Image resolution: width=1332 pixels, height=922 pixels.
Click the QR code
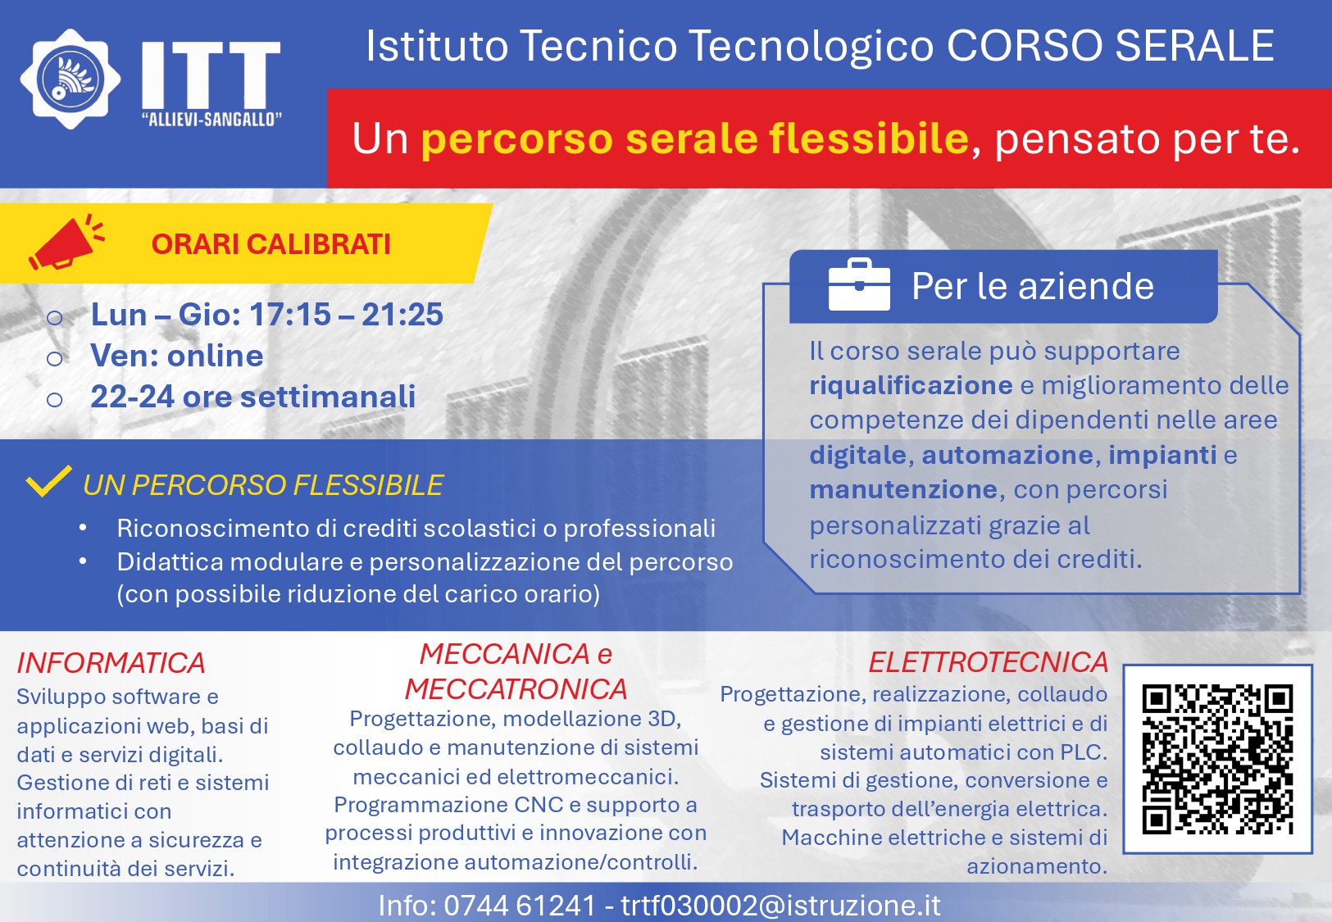tap(1217, 759)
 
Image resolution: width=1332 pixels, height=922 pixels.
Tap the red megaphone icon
tap(66, 242)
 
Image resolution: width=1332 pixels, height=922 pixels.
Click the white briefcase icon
tap(859, 284)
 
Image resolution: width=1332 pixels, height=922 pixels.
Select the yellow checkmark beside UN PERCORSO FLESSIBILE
tap(48, 480)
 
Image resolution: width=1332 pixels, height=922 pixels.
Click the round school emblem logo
tap(70, 79)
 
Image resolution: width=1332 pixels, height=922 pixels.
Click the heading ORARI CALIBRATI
tap(271, 244)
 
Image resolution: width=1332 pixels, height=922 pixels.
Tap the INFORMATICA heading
tap(111, 663)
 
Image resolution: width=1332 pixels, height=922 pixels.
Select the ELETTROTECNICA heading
tap(989, 662)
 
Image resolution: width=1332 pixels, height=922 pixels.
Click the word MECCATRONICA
tap(516, 689)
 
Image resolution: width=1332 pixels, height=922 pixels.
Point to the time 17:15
tap(289, 314)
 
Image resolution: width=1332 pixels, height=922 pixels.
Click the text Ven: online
tap(176, 356)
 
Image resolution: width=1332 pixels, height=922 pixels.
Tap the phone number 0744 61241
tap(520, 906)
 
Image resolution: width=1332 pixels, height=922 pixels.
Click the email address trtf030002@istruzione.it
tap(781, 906)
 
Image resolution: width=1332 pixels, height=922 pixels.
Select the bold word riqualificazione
tap(911, 386)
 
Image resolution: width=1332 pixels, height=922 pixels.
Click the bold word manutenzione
tap(903, 490)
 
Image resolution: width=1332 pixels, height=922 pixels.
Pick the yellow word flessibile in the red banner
tap(869, 138)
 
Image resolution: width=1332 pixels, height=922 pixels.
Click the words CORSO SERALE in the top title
tap(1110, 46)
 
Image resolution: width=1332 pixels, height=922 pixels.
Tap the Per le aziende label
tap(1033, 286)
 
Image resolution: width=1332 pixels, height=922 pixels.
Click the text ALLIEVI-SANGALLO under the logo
tap(211, 120)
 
